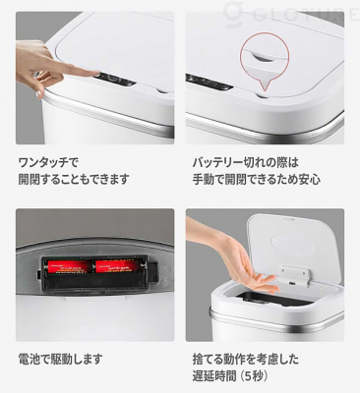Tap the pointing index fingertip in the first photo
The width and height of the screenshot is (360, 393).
point(97,73)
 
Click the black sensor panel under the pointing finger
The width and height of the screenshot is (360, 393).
point(115,81)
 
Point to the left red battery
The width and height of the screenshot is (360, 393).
point(69,266)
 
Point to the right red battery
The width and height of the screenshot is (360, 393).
point(116,266)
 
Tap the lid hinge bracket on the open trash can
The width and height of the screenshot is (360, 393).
point(293,274)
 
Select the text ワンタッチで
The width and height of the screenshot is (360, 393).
point(48,163)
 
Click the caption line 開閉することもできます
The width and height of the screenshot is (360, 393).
point(74,179)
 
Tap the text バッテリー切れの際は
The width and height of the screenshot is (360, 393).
point(246,163)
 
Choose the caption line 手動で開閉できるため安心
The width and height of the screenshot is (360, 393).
point(256,179)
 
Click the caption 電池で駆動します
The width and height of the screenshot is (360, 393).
point(60,360)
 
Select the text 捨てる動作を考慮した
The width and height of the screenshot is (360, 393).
point(246,360)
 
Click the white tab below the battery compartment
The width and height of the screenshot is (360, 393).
point(95,299)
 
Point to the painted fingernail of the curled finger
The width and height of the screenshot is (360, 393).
point(39,94)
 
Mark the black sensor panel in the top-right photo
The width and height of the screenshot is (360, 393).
point(210,83)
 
